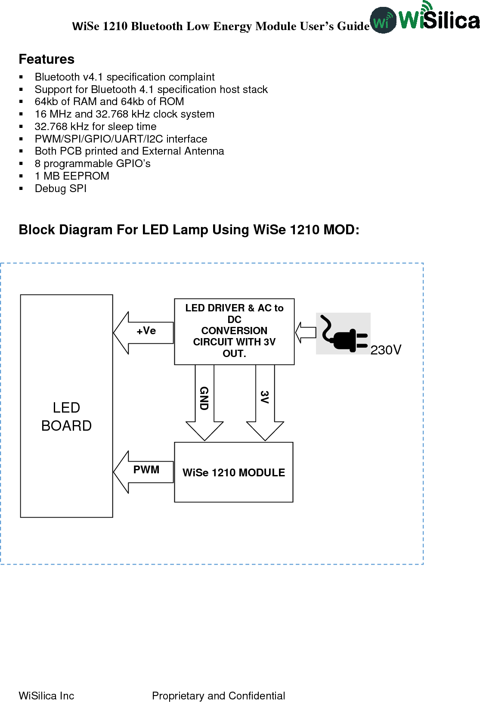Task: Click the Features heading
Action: click(x=46, y=59)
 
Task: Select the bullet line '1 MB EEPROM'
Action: click(x=72, y=176)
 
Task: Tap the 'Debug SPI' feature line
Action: click(x=61, y=189)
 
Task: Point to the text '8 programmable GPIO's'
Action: click(x=93, y=164)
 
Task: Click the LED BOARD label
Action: click(x=66, y=416)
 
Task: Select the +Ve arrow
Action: click(x=143, y=332)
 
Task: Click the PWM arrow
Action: click(x=143, y=472)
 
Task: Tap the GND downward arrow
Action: click(x=204, y=403)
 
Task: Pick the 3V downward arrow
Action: click(x=265, y=403)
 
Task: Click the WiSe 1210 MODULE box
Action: click(x=234, y=472)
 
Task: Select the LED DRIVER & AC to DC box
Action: click(x=234, y=331)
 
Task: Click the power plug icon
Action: click(x=343, y=334)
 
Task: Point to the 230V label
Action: click(x=386, y=350)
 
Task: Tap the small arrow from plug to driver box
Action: click(x=305, y=332)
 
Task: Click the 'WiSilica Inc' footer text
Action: click(x=46, y=696)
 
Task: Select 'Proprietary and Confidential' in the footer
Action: click(x=218, y=696)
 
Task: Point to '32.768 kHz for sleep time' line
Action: click(x=96, y=127)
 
